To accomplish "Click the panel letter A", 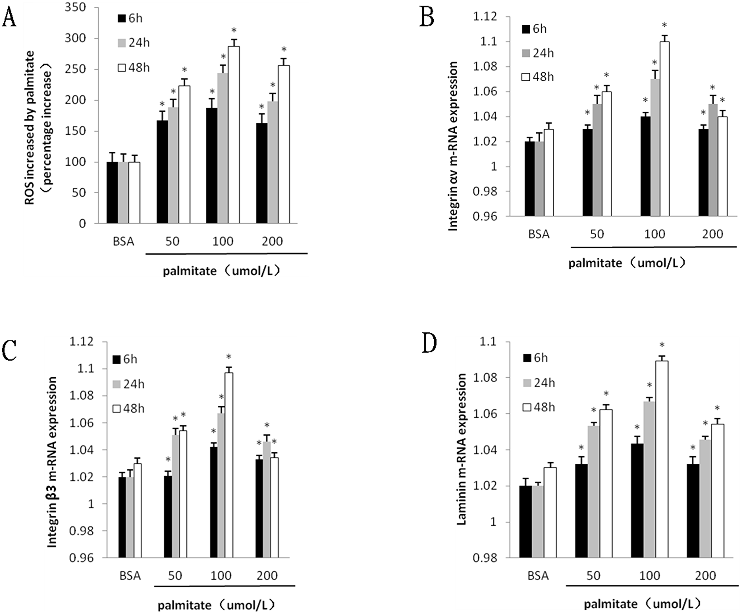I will [9, 18].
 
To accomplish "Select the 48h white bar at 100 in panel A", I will [234, 135].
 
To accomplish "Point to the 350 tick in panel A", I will [75, 7].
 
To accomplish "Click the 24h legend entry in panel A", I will [134, 43].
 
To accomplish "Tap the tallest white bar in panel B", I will [664, 129].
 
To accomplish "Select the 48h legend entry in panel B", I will [538, 77].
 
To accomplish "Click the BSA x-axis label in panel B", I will [539, 234].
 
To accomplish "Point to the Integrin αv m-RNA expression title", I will [453, 147].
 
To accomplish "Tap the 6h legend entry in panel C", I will [125, 359].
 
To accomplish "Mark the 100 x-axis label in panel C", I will [221, 575].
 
